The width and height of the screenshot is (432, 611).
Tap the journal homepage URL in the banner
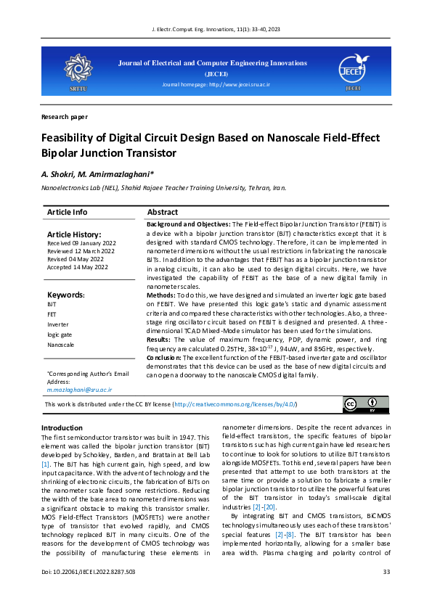(x=215, y=86)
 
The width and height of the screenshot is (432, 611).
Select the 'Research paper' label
(x=65, y=116)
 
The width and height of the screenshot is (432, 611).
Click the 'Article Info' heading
(x=67, y=212)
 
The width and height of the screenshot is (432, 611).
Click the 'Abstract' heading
(x=162, y=212)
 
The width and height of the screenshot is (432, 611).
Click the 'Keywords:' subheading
(x=66, y=295)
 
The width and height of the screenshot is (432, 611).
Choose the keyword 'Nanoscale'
(x=60, y=345)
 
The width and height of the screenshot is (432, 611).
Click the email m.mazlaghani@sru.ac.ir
(x=79, y=390)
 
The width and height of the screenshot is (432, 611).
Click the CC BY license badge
(x=360, y=403)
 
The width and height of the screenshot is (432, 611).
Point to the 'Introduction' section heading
(x=62, y=428)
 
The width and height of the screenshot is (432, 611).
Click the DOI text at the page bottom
(x=88, y=592)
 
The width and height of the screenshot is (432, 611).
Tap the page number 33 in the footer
(x=386, y=592)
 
